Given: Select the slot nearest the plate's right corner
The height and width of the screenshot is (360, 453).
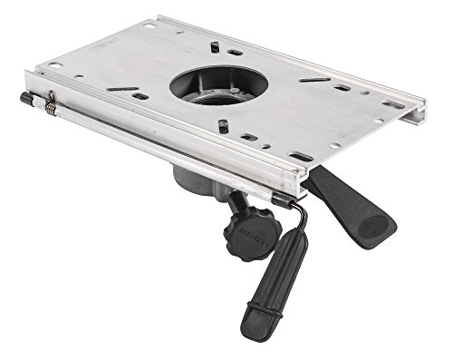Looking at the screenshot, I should point(393,104).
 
